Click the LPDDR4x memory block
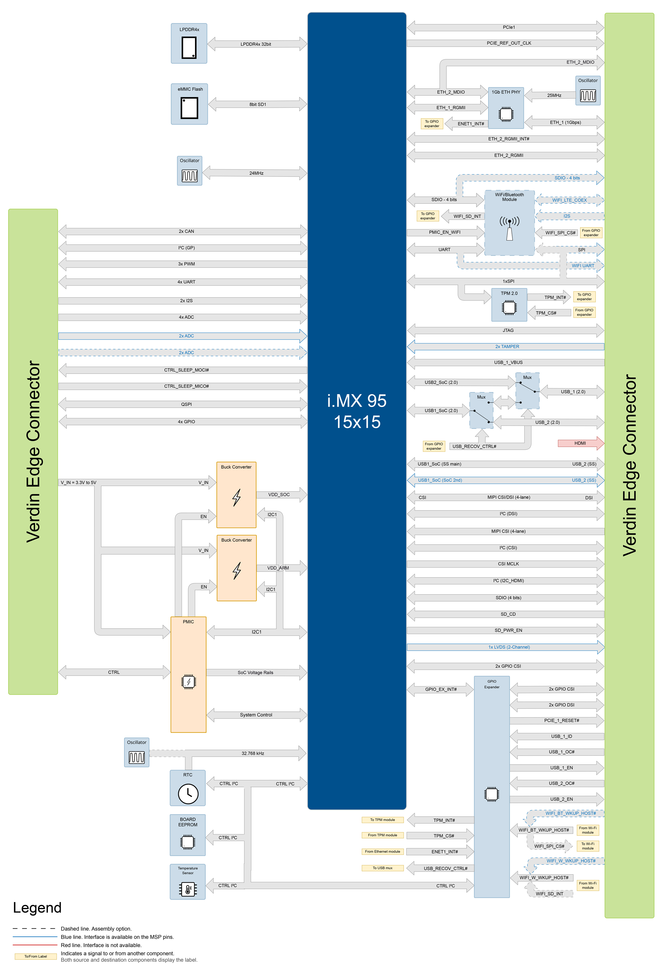tap(189, 44)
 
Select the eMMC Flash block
tap(189, 104)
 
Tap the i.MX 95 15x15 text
tap(357, 411)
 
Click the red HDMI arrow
tap(580, 443)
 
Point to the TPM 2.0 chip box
tap(509, 305)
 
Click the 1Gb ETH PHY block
tap(506, 108)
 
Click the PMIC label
tap(188, 622)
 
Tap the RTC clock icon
tap(188, 794)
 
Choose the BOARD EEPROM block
tap(187, 835)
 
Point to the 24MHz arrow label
tap(256, 173)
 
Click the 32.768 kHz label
tap(253, 754)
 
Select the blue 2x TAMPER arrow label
tap(507, 347)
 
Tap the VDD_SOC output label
tap(279, 495)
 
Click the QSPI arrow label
tap(186, 404)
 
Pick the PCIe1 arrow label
tap(509, 27)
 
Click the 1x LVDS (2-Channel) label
tap(509, 647)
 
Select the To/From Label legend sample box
tap(36, 956)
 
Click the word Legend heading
tap(37, 908)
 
